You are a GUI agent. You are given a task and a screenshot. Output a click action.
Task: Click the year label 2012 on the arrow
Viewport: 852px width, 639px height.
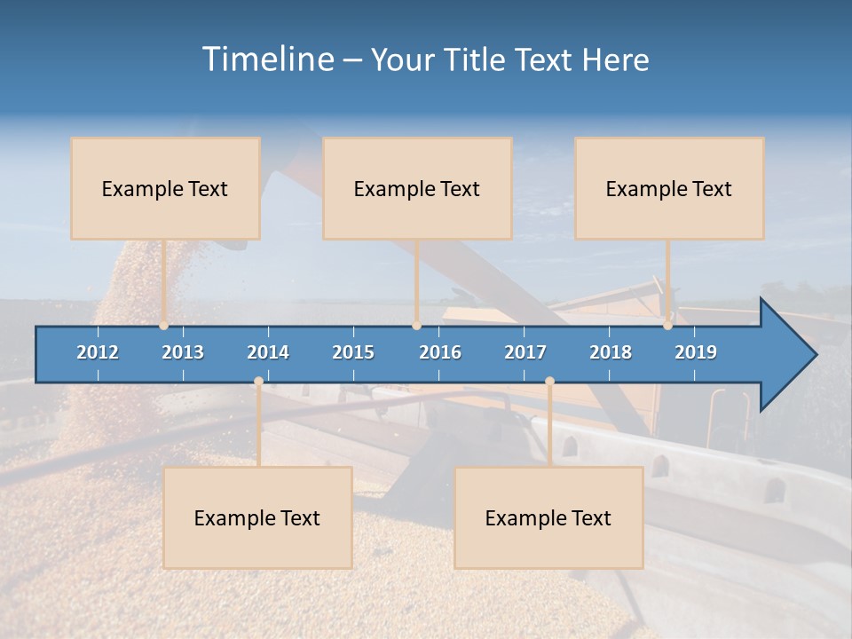point(98,352)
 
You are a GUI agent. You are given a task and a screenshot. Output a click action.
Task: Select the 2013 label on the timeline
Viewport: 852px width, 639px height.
point(183,352)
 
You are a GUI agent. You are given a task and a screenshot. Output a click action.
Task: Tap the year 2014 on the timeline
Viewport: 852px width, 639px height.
point(268,352)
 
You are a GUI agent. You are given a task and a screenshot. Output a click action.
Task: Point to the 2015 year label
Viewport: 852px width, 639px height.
point(353,352)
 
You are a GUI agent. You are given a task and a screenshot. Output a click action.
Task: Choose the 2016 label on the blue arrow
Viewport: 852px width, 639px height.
point(440,352)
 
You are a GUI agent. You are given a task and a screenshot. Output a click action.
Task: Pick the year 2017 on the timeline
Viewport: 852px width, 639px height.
point(525,352)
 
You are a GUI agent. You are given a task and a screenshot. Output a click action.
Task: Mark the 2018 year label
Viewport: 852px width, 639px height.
point(611,352)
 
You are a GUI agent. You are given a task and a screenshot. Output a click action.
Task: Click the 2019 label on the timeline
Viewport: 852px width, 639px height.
point(696,352)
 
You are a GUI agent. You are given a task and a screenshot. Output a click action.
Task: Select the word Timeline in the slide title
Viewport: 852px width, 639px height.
point(267,59)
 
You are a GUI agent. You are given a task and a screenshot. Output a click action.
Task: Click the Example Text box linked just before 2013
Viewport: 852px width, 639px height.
point(165,188)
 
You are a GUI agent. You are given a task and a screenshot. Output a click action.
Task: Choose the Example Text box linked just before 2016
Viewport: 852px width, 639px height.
point(417,188)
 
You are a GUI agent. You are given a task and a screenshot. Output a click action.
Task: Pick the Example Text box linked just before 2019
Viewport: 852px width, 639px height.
point(669,188)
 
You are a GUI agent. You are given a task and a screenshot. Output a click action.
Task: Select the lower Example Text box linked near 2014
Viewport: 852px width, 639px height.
point(257,517)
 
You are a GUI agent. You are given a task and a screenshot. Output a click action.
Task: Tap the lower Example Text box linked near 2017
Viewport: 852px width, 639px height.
point(548,517)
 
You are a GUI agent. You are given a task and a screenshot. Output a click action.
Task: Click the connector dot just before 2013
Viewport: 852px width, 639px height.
point(164,326)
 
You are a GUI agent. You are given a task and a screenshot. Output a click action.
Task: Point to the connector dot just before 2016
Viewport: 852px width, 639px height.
point(416,326)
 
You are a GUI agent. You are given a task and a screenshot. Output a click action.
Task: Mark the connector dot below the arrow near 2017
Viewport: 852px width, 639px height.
point(549,382)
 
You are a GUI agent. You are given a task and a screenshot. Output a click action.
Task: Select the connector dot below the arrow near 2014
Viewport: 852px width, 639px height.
point(258,382)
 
